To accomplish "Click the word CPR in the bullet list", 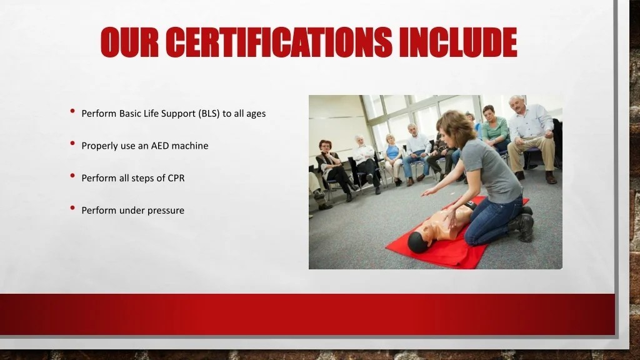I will click(176, 178).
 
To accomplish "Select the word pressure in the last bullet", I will click(166, 211).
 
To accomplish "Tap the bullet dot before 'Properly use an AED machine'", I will click(72, 144).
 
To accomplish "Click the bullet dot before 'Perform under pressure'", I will click(72, 209).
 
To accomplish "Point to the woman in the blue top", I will click(393, 154).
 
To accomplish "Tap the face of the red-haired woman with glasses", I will click(324, 146).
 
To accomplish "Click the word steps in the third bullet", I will click(150, 178).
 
